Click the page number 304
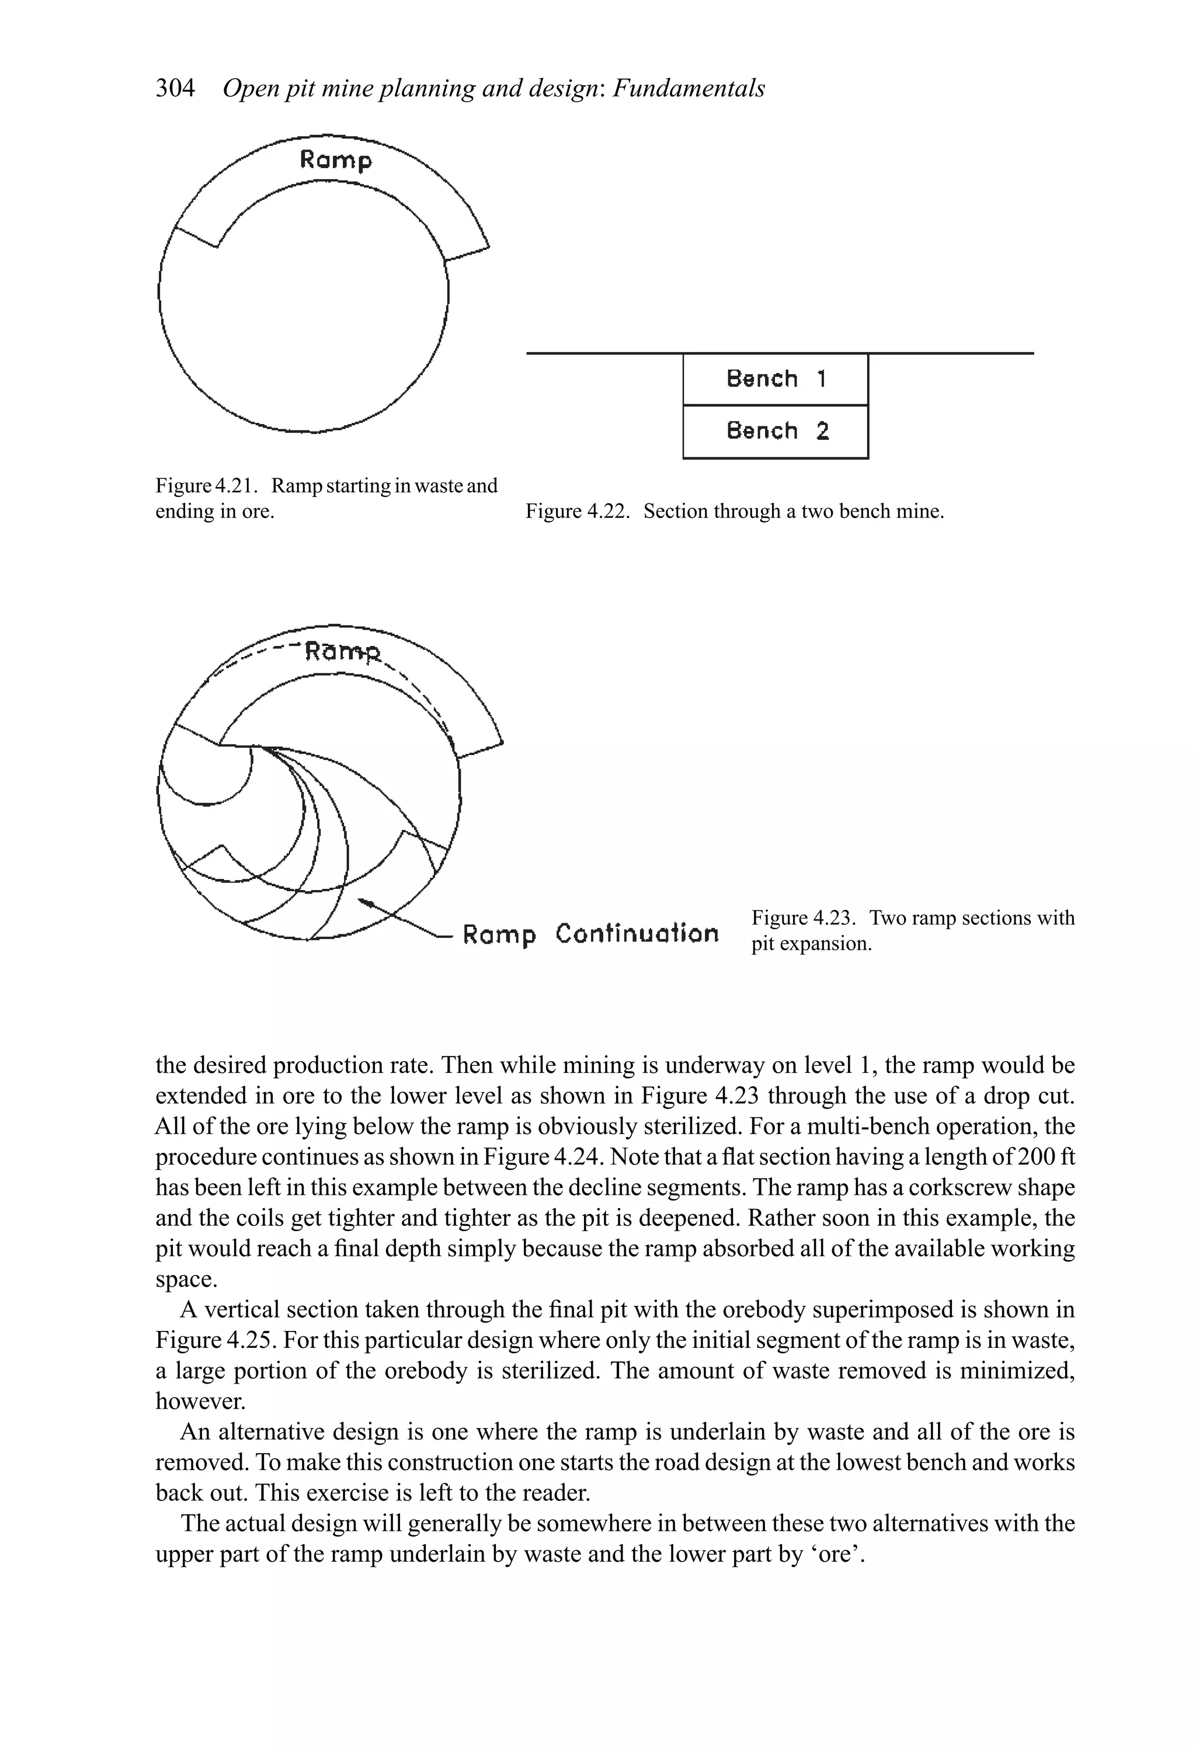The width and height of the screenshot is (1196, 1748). click(175, 89)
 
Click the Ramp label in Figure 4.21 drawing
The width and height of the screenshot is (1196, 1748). click(335, 160)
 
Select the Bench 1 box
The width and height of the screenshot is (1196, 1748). click(776, 379)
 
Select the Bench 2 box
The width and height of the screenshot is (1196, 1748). click(776, 432)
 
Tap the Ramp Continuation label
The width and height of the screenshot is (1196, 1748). click(590, 934)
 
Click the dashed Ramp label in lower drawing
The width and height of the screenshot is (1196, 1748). click(343, 651)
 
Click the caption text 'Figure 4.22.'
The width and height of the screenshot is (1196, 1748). click(577, 512)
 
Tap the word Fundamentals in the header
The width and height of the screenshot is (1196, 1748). click(689, 89)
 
